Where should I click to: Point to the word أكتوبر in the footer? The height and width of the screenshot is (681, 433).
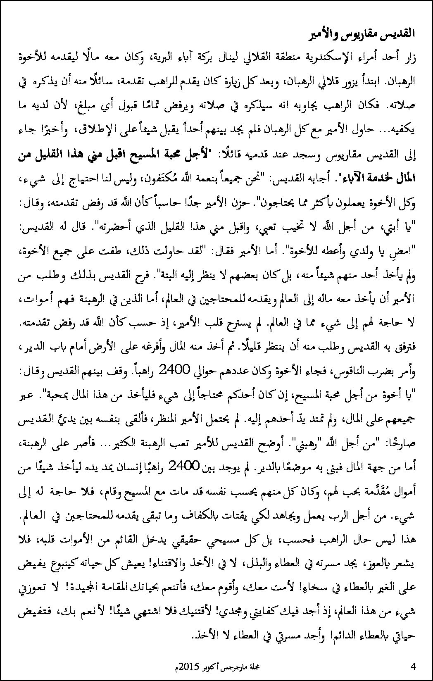[214, 667]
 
